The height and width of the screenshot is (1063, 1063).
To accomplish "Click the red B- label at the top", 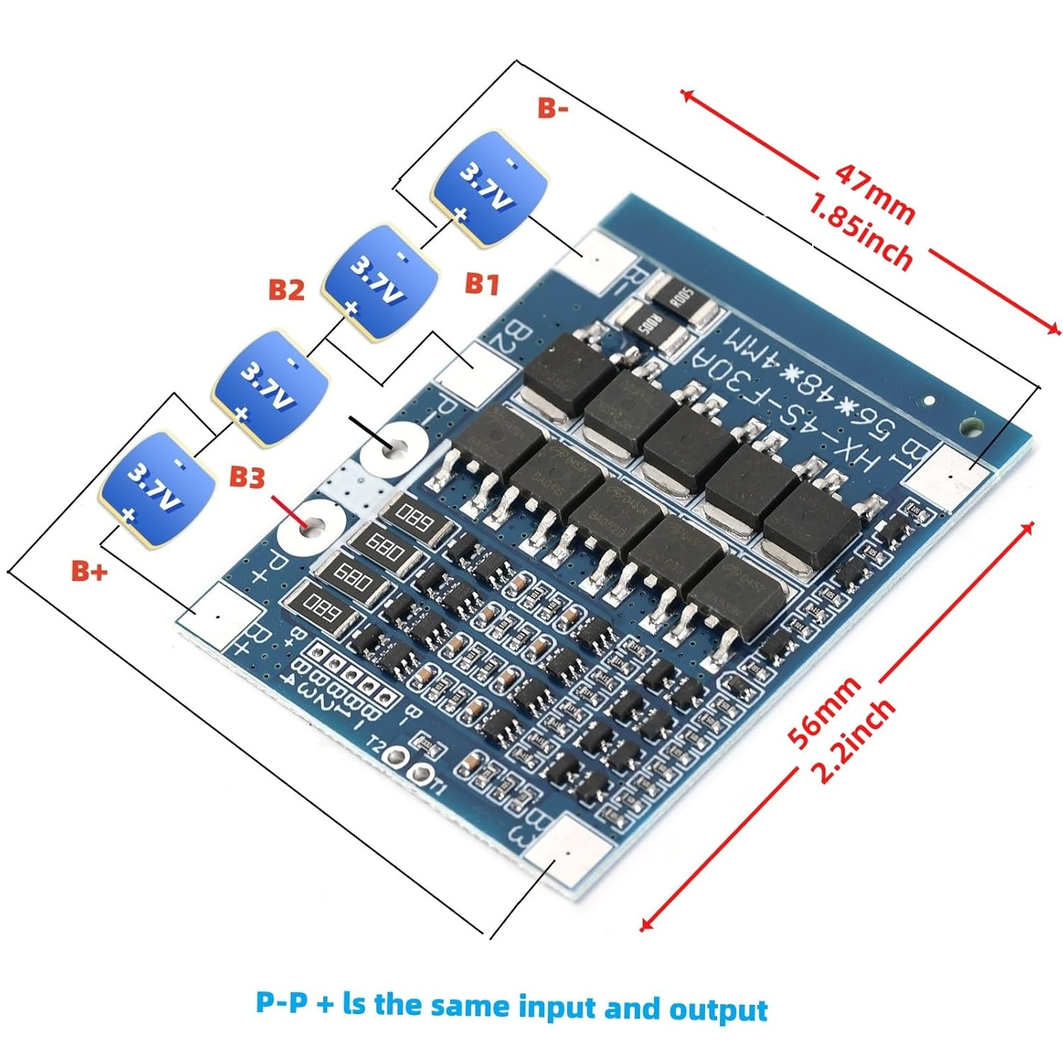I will pos(552,108).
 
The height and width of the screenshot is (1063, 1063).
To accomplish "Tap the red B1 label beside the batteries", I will pos(482,283).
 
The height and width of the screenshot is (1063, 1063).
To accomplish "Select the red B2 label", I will pos(286,289).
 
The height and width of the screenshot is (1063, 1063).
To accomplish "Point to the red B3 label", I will pos(247,477).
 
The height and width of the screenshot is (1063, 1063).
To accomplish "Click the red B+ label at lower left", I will pos(89,570).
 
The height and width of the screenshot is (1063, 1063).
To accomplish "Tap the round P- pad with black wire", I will pos(394,451).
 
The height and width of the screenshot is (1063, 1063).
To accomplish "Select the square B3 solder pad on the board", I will pos(569,853).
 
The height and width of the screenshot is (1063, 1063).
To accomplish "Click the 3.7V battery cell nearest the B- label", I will pos(490,187).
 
